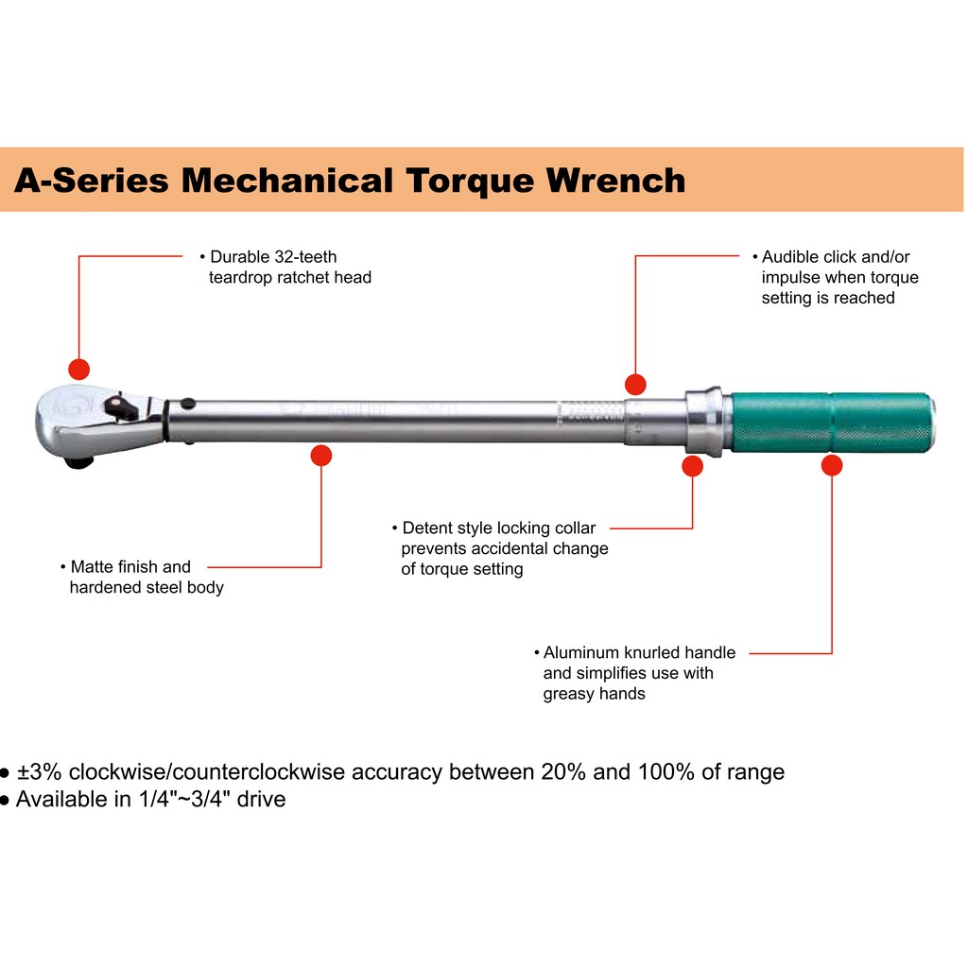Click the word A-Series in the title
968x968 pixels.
pos(90,180)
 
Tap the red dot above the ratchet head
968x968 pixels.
pos(78,369)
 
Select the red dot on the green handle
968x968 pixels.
pos(832,465)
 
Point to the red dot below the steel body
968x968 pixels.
pos(321,456)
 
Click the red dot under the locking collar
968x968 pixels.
pos(693,465)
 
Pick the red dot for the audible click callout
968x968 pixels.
pos(635,384)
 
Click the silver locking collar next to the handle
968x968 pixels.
pos(705,420)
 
